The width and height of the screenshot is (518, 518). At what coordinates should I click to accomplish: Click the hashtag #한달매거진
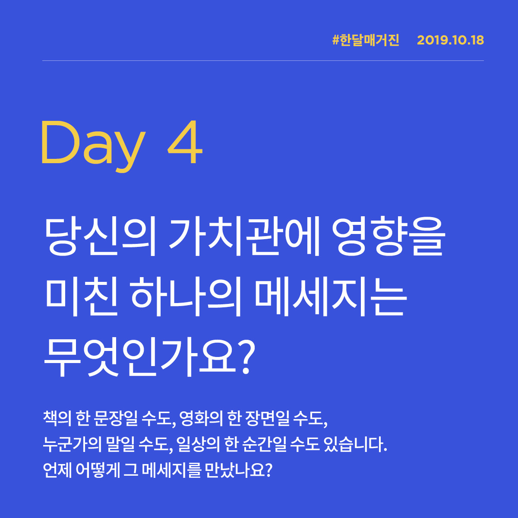(x=366, y=41)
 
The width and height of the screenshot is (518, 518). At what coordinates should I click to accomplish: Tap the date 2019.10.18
(x=450, y=41)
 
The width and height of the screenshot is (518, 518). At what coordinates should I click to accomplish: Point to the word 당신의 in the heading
(x=100, y=237)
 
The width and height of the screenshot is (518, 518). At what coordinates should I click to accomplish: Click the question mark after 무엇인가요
(x=245, y=357)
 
